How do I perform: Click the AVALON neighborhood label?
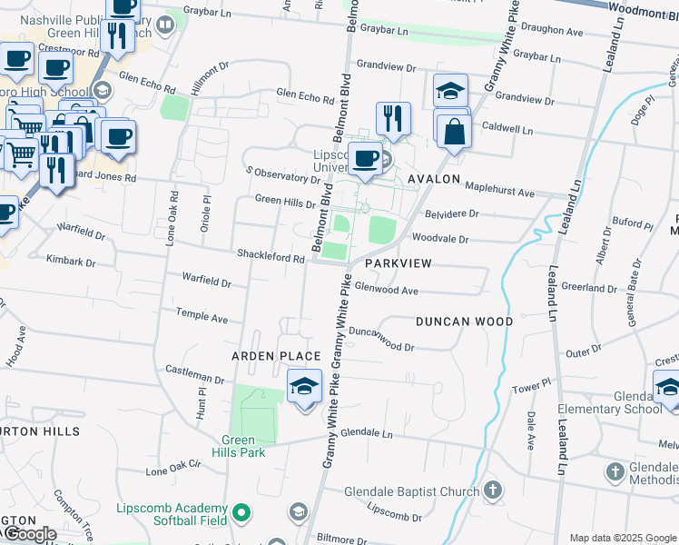434,179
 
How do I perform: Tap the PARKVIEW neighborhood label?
397,263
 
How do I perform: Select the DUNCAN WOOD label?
465,322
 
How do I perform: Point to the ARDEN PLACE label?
276,356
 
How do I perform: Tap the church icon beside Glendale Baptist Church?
492,491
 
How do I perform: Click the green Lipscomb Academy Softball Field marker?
241,513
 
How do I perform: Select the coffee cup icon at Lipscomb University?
366,158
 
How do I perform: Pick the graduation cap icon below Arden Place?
305,386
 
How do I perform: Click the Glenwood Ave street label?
386,291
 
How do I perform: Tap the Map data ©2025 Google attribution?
622,538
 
